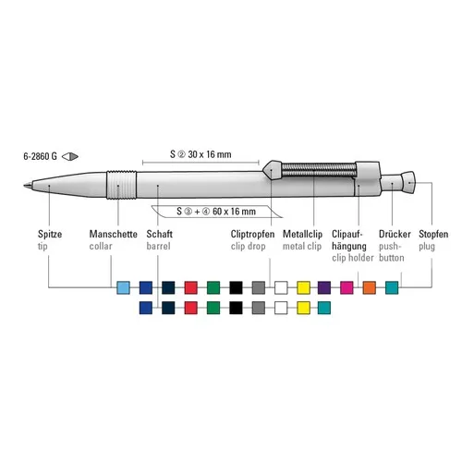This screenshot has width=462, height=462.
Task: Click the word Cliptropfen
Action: coord(253,235)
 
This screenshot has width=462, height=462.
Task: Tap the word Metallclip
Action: coord(304,235)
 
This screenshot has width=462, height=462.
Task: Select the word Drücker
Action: coord(395,235)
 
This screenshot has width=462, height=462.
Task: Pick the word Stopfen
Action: coord(436,235)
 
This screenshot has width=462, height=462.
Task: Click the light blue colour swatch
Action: coord(124,287)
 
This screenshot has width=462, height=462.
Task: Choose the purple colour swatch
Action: coord(324,287)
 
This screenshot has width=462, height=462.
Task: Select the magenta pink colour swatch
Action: coord(346,287)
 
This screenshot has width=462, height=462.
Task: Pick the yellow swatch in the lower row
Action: coord(302,307)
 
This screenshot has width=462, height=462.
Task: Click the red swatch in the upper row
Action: coord(190,287)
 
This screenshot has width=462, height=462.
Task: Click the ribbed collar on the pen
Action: coord(117,186)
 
